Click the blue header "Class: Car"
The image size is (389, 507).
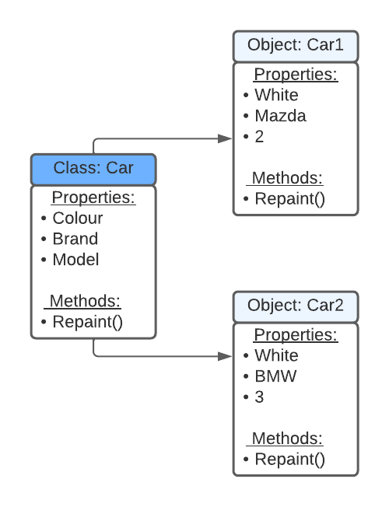coord(93,168)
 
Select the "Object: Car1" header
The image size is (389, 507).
coord(296,45)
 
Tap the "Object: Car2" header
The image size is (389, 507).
coord(296,305)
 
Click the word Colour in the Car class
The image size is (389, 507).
coord(77,218)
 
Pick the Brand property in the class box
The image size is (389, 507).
coord(75,239)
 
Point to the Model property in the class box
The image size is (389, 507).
coord(75,260)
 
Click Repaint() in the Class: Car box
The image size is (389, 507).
coord(87,322)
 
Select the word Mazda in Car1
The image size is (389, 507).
coord(280,116)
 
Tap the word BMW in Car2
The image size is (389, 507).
coord(275,376)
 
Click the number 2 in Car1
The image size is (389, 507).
coord(259,137)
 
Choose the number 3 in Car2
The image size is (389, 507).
coord(259,397)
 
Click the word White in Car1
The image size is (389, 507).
coord(276,95)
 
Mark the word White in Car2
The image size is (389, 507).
coord(276,355)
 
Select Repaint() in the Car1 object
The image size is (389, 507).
coord(289,198)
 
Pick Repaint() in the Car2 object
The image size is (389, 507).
coord(289,459)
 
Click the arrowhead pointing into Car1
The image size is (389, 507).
coord(226,138)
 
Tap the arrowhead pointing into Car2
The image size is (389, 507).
coord(226,356)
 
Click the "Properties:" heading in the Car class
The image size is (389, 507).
coord(93,198)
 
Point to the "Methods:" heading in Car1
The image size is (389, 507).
coord(287,178)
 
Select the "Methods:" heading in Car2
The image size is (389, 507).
coord(287,439)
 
